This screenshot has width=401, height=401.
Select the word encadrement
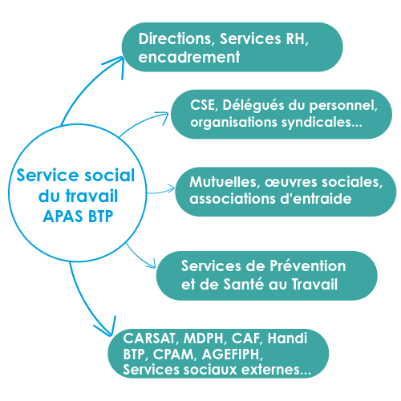click(x=189, y=57)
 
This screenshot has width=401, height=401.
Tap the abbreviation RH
click(x=297, y=39)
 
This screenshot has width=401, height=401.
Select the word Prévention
click(x=307, y=266)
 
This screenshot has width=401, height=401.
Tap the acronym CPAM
click(x=174, y=354)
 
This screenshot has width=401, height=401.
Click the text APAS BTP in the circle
click(x=78, y=216)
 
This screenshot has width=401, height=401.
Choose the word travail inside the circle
click(x=91, y=196)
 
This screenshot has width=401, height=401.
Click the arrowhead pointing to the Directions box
click(x=118, y=65)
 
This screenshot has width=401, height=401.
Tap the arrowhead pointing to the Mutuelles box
click(x=171, y=189)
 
